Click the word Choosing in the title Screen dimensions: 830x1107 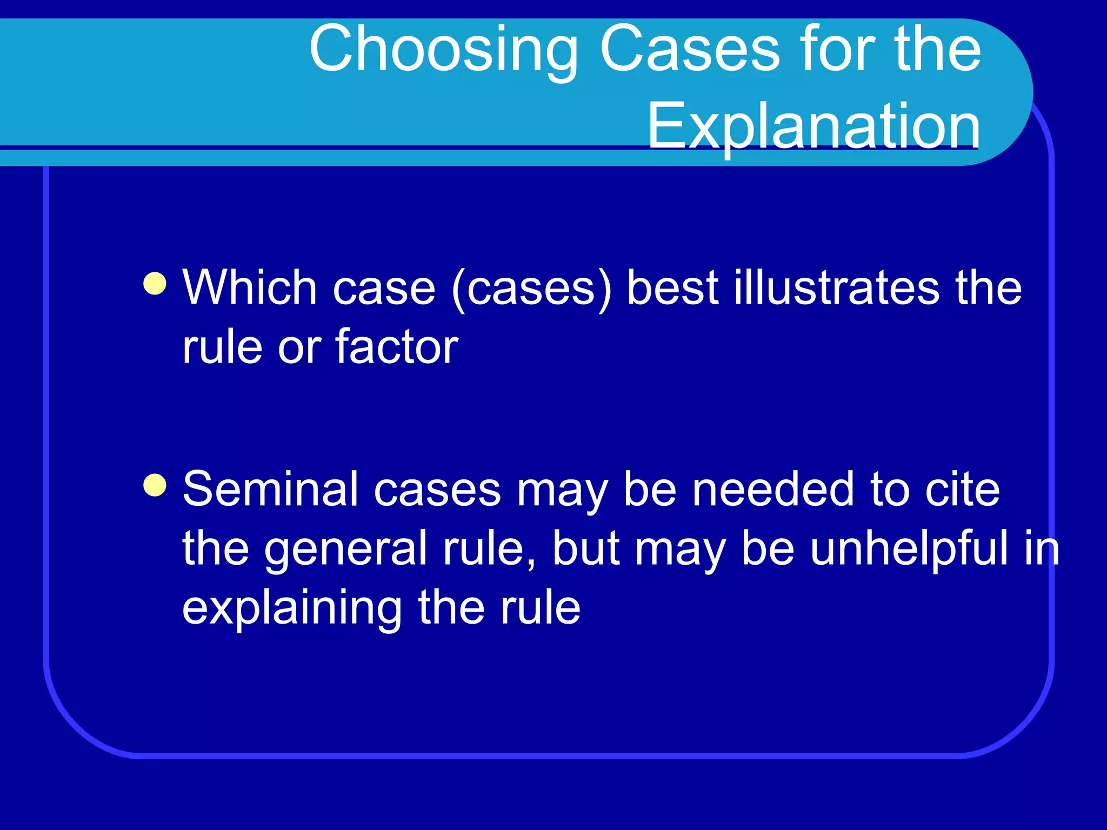(443, 50)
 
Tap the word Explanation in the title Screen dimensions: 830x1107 (813, 126)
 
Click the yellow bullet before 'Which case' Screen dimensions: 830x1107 (155, 284)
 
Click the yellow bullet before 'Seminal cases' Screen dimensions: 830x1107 (155, 485)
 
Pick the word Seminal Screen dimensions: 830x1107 (270, 489)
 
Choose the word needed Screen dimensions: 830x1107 (773, 489)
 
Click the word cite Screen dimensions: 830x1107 (962, 489)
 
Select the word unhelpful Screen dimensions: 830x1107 (909, 548)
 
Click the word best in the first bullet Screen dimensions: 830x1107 (673, 287)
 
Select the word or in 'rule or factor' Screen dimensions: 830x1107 (299, 347)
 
